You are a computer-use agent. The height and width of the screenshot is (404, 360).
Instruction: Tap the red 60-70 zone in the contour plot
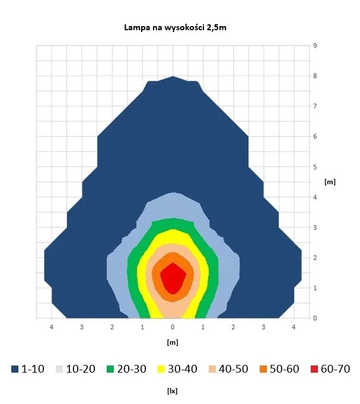[172, 277]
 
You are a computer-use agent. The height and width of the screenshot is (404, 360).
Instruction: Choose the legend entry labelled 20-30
[127, 369]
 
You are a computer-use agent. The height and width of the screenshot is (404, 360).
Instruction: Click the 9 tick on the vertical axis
[315, 46]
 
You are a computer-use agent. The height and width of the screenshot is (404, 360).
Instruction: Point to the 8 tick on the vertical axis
[315, 76]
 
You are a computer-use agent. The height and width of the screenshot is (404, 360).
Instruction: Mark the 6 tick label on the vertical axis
[315, 136]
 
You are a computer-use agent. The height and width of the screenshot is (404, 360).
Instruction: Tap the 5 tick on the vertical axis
[315, 166]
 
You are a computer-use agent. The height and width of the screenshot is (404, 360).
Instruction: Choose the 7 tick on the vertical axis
[315, 106]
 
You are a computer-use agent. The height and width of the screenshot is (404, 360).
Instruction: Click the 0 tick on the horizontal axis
[173, 327]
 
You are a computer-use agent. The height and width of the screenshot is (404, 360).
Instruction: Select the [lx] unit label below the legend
[173, 392]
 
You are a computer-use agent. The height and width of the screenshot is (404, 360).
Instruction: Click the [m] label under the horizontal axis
[173, 342]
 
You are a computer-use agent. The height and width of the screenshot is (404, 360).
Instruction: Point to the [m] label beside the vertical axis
[330, 182]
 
